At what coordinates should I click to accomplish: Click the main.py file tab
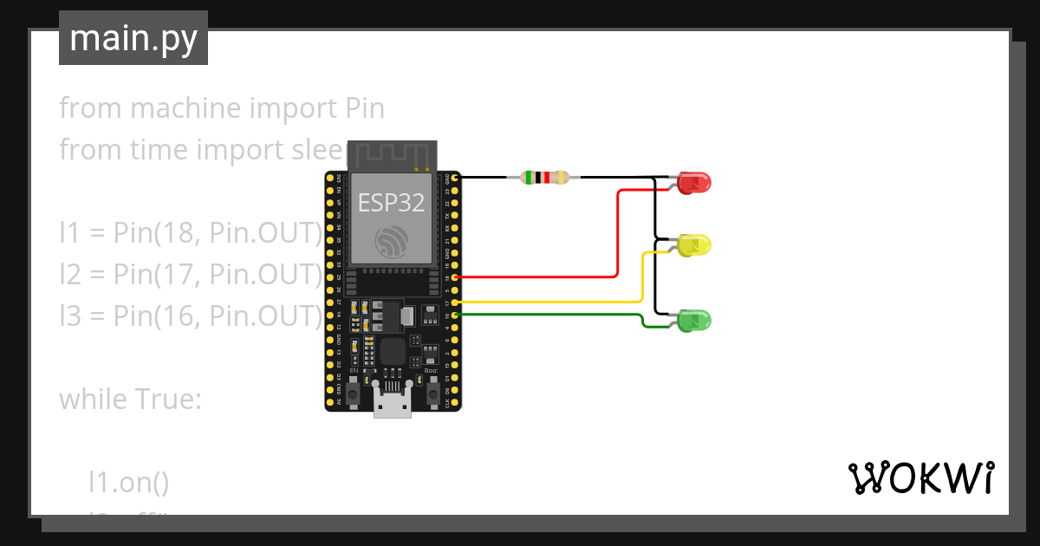tap(133, 38)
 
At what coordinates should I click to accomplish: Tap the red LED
tap(695, 183)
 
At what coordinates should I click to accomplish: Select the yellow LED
tap(695, 245)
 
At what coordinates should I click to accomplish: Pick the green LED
tap(695, 321)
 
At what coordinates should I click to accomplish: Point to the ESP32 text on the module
tap(392, 203)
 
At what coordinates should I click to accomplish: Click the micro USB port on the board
tap(392, 405)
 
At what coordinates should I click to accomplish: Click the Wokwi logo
tap(920, 478)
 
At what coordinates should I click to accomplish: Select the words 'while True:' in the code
tap(130, 400)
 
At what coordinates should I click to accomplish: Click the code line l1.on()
tap(128, 483)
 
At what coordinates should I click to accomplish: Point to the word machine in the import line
tap(184, 108)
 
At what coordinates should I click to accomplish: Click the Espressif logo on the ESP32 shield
tap(392, 240)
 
